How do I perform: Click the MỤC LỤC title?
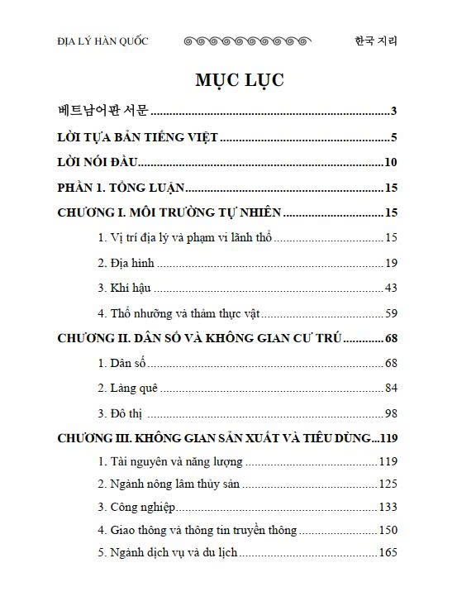[240, 80]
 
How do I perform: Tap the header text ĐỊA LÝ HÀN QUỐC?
[103, 41]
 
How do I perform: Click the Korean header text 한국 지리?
[375, 41]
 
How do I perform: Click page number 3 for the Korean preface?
[395, 112]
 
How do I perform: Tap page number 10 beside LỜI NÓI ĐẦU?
[392, 163]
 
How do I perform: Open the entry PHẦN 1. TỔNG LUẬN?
[121, 188]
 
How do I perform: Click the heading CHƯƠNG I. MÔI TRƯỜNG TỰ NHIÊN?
[169, 213]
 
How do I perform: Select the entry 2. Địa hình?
[126, 264]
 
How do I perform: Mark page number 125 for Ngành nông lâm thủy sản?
[388, 484]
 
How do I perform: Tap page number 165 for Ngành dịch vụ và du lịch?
[388, 551]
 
